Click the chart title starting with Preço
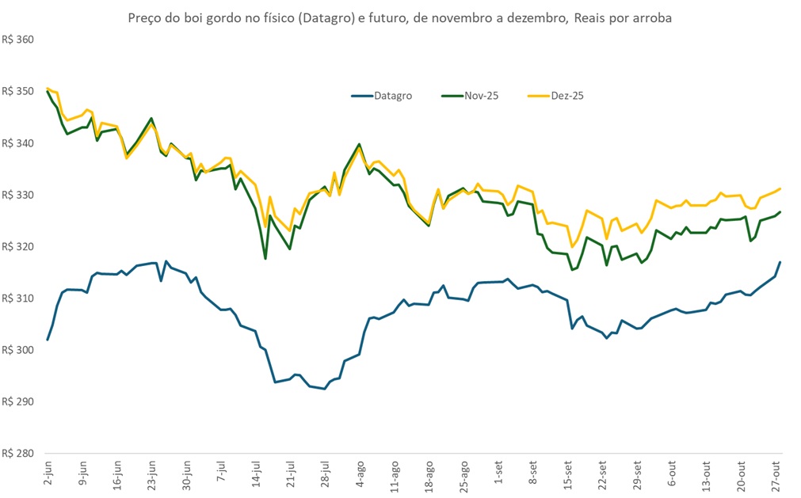(400, 17)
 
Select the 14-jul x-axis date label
(257, 473)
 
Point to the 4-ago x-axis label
(360, 473)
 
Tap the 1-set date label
(499, 473)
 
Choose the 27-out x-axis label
(777, 473)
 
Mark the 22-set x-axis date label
(604, 472)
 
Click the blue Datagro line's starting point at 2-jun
(48, 340)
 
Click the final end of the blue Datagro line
(780, 262)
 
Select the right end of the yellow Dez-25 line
(780, 188)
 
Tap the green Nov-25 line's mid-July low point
(265, 258)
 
